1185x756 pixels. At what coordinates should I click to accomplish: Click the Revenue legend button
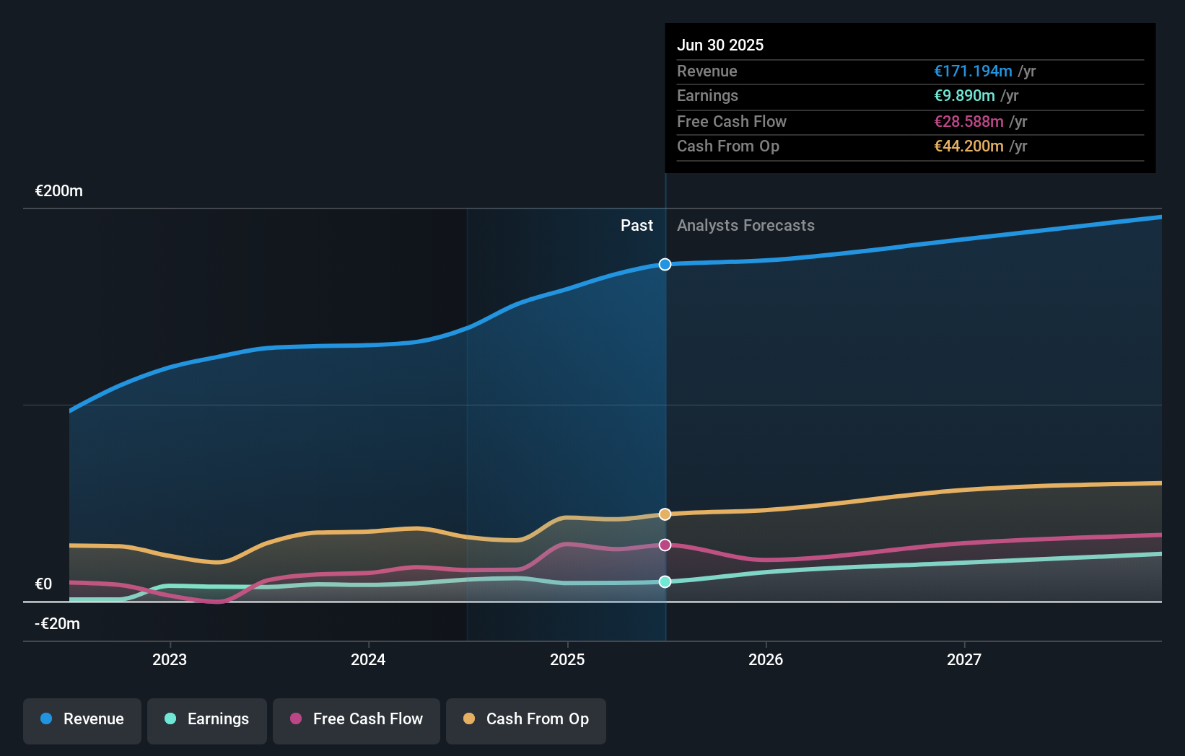[x=82, y=719]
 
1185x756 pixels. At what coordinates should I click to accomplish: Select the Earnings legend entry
[x=207, y=719]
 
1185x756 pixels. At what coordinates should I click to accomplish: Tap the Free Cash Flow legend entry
[x=357, y=719]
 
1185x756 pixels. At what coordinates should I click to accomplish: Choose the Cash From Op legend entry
[x=526, y=719]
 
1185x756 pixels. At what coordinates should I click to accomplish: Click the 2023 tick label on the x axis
[x=170, y=659]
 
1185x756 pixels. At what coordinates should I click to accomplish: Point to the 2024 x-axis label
[x=368, y=659]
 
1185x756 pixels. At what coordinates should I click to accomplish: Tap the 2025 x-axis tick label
[x=567, y=659]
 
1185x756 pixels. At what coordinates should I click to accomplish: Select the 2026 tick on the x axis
[x=766, y=659]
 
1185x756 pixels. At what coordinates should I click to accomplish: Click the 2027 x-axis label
[x=964, y=659]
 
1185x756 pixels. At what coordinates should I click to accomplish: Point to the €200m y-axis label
[x=59, y=191]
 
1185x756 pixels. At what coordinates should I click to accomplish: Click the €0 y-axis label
[x=44, y=584]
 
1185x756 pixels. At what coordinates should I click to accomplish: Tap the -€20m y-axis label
[x=58, y=624]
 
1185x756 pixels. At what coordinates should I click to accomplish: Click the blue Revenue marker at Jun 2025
[x=665, y=265]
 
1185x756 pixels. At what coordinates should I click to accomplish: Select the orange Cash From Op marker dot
[x=665, y=514]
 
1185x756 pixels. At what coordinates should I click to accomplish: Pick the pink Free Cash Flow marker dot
[x=665, y=545]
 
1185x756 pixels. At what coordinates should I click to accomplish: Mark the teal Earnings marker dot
[x=665, y=581]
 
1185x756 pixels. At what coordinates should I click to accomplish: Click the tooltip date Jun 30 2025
[x=720, y=45]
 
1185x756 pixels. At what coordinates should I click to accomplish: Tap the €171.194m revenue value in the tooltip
[x=973, y=71]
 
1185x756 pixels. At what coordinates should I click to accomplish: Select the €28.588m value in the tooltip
[x=968, y=121]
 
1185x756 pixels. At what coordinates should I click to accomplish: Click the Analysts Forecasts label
[x=745, y=226]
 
